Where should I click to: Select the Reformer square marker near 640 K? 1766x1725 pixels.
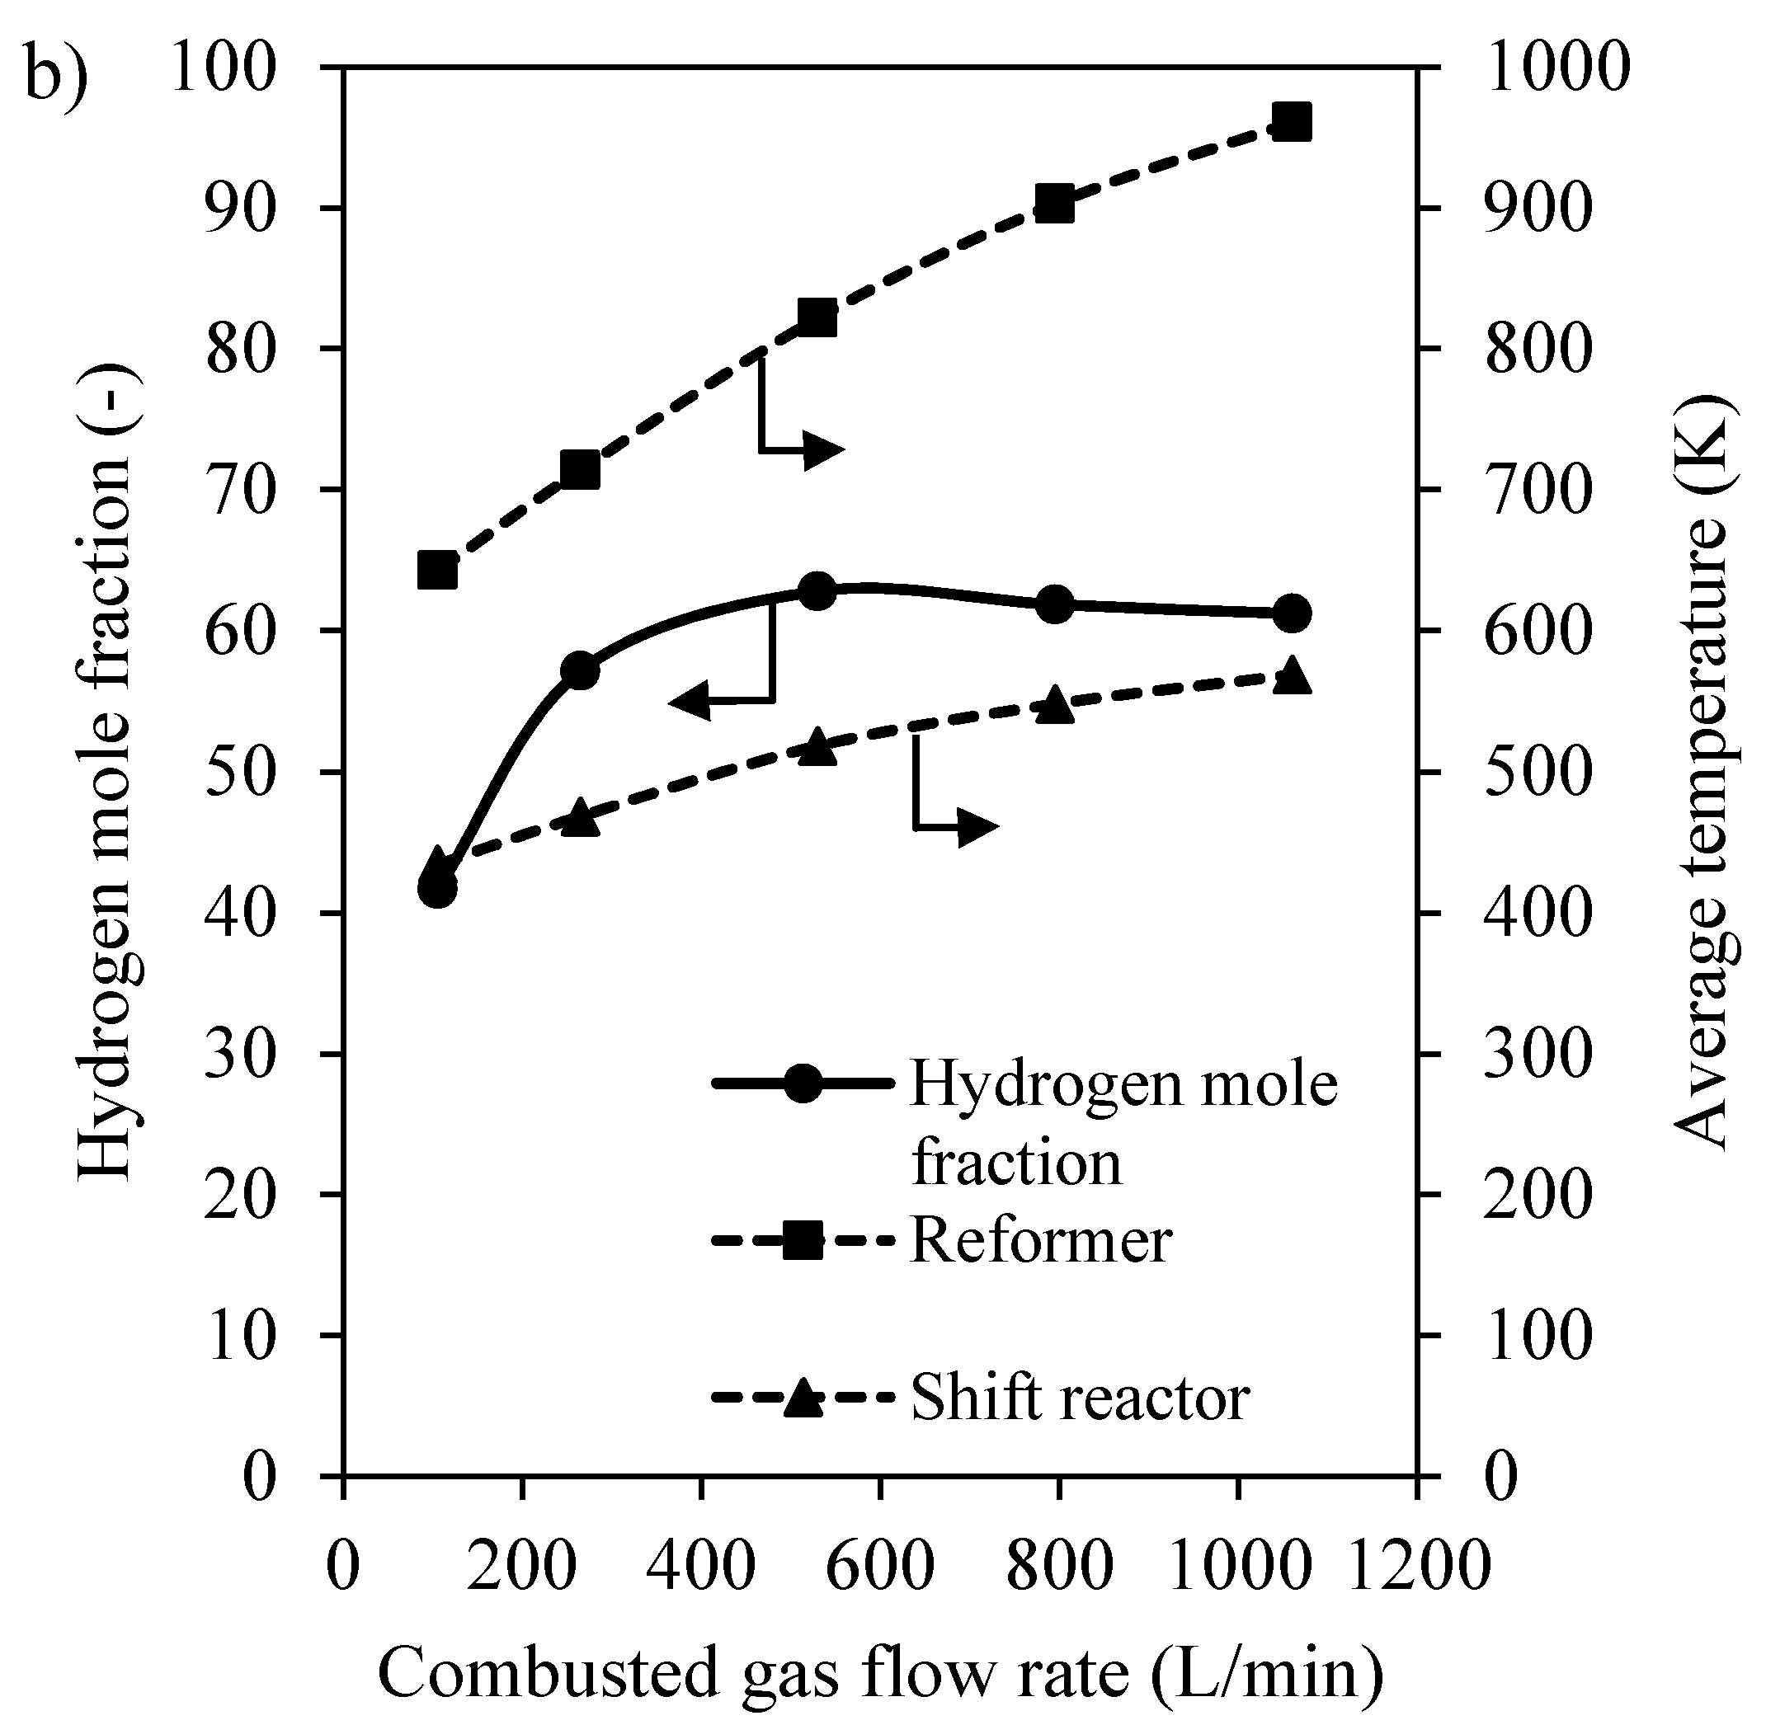tap(436, 571)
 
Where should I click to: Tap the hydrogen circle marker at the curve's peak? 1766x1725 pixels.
tap(817, 590)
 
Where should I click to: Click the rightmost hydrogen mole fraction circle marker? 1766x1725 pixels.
tap(1291, 614)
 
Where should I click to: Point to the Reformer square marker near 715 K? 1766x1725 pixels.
tap(580, 470)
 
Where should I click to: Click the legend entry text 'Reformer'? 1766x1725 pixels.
tap(1040, 1239)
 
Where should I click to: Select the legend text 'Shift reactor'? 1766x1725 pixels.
tap(1080, 1397)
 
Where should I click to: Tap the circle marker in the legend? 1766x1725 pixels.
tap(803, 1083)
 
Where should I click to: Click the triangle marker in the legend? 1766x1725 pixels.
tap(803, 1396)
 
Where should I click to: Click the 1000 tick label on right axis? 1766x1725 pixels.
tap(1556, 68)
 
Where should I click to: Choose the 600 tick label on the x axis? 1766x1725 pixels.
tap(879, 1568)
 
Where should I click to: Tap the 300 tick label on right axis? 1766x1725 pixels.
tap(1538, 1055)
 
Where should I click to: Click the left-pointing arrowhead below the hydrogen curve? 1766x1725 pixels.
tap(690, 701)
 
